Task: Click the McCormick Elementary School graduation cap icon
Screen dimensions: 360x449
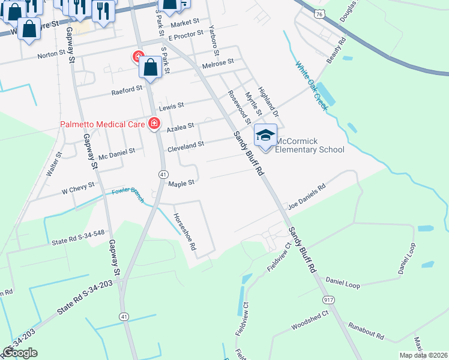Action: [265, 136]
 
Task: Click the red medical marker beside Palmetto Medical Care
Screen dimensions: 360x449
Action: [154, 124]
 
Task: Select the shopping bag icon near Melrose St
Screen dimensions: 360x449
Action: [151, 68]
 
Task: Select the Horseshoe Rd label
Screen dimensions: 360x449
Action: [185, 232]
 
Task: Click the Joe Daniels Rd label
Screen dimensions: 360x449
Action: [306, 195]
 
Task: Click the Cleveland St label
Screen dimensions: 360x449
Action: [186, 146]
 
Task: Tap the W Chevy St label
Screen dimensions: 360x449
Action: [78, 188]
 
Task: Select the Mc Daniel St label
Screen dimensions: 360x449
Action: [118, 154]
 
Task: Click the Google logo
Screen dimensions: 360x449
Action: [20, 353]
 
